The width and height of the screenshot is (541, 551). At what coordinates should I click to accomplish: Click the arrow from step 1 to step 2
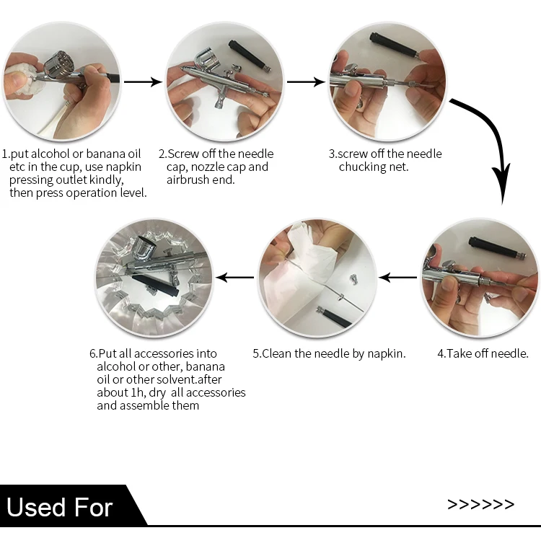pos(143,82)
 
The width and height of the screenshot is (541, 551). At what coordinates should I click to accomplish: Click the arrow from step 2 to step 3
pos(306,82)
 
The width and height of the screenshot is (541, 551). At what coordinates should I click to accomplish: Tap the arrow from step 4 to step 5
pos(397,278)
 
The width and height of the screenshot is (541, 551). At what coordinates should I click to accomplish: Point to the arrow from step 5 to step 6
pos(234,278)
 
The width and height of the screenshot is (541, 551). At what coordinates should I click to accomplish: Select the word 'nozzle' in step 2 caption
pos(208,167)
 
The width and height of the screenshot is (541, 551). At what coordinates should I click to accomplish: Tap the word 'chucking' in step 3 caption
pos(361,167)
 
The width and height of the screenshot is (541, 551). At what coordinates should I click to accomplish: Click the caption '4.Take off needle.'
pos(483,353)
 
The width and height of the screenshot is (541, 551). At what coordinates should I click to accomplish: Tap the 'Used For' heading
pos(59,508)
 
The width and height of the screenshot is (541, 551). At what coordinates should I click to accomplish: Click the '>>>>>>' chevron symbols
pos(480,505)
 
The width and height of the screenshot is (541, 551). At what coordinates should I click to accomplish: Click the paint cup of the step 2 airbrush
pos(208,61)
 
